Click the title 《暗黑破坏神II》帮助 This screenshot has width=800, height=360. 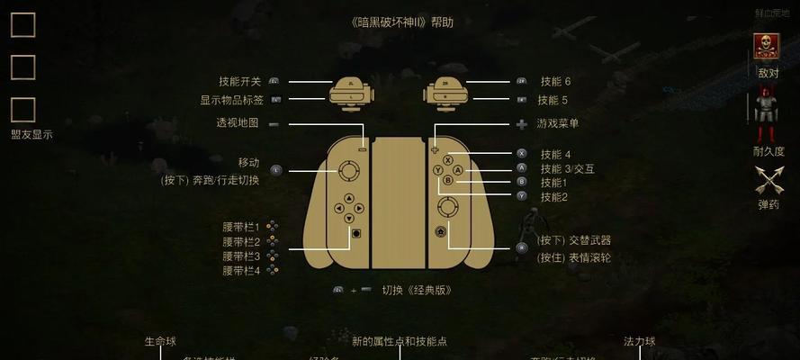[400, 22]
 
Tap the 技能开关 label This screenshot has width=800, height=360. [239, 81]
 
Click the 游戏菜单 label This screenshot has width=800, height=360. [558, 123]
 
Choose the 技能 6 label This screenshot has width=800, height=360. [555, 81]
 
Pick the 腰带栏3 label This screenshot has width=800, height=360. [241, 256]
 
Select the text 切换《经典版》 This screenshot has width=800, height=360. [416, 290]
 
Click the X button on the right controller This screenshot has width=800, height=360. [448, 159]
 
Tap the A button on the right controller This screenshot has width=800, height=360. [458, 169]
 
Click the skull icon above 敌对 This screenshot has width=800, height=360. [767, 47]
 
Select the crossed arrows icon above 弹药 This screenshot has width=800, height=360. [768, 180]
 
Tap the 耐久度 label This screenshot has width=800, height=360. [769, 151]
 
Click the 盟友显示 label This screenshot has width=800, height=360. [31, 135]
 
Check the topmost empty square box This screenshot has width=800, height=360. [22, 25]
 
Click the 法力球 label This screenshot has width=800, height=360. [640, 342]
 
